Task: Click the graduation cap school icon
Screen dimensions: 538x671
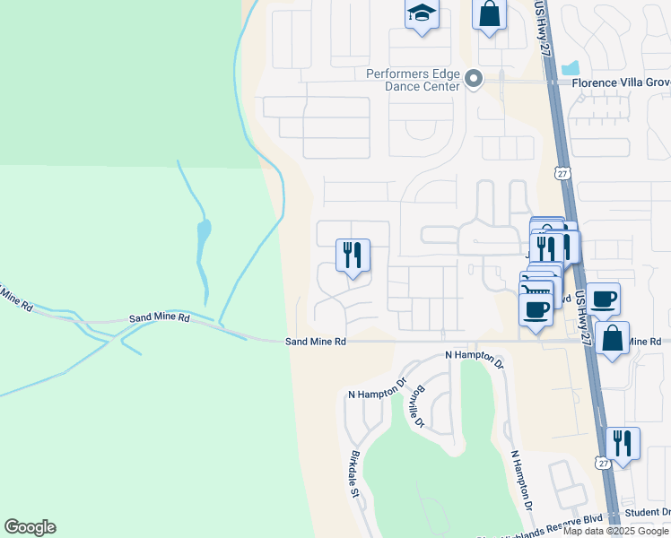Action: [420, 14]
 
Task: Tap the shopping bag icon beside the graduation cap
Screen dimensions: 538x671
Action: [489, 14]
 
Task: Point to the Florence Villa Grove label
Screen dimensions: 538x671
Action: [622, 82]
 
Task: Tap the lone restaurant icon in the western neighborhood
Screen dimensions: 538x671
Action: [353, 255]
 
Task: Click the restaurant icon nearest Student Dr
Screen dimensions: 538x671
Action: [622, 443]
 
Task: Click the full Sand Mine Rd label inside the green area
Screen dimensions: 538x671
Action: [159, 317]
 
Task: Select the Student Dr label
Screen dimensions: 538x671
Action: [648, 513]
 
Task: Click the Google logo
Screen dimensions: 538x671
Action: [30, 527]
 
